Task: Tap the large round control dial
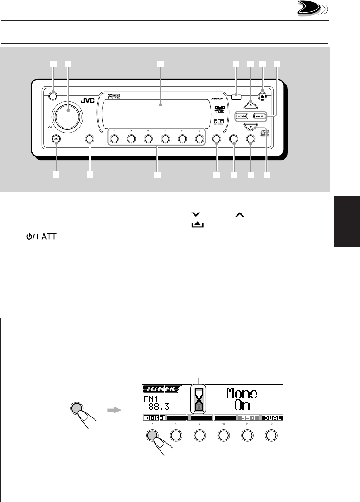[x=68, y=111]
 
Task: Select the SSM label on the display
[x=248, y=418]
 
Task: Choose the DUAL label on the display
[x=272, y=418]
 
